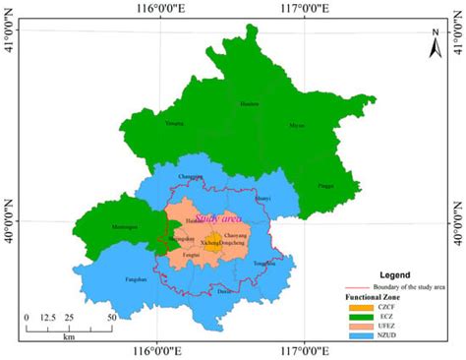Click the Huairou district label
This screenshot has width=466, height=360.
coord(251,103)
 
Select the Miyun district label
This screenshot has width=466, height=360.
coord(297,126)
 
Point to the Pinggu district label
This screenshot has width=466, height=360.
coord(325,184)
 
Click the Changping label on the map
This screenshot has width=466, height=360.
coord(190,176)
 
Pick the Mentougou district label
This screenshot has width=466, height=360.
coord(123,226)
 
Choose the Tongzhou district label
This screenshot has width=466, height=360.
coord(264,264)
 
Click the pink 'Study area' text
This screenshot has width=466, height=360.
coord(219,218)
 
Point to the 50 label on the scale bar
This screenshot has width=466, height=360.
coord(112,318)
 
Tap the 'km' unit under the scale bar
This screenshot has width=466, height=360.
coord(69,336)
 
